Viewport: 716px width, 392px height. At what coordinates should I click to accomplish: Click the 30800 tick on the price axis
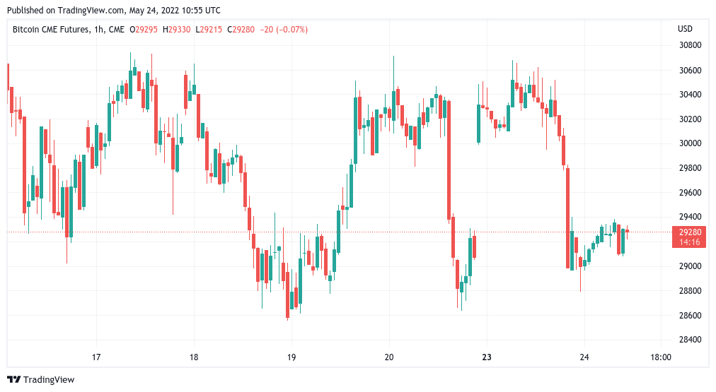click(x=689, y=46)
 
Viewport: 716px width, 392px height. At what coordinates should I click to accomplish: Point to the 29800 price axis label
click(x=689, y=168)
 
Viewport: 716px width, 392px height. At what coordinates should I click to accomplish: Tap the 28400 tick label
click(x=689, y=340)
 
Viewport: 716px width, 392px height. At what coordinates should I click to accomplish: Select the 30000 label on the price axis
click(x=689, y=143)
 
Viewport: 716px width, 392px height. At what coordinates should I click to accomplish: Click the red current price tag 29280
click(x=690, y=232)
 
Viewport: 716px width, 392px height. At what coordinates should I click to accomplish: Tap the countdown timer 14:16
click(x=690, y=242)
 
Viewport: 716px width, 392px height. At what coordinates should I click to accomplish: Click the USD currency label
click(x=685, y=29)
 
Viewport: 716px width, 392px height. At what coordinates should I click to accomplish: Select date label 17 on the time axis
click(x=97, y=357)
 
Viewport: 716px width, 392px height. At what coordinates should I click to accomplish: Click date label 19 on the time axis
click(x=291, y=357)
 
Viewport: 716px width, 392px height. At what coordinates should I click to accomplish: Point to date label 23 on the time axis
click(x=487, y=357)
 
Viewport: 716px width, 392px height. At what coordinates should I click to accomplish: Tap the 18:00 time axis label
click(x=660, y=357)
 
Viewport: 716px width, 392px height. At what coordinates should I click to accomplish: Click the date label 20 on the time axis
click(x=389, y=357)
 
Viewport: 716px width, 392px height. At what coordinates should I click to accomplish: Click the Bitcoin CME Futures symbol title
click(x=52, y=29)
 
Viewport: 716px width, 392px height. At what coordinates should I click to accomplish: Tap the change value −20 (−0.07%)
click(x=284, y=29)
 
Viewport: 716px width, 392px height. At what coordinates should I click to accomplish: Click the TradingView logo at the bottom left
click(x=41, y=380)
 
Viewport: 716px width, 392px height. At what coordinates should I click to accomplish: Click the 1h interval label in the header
click(x=99, y=29)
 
